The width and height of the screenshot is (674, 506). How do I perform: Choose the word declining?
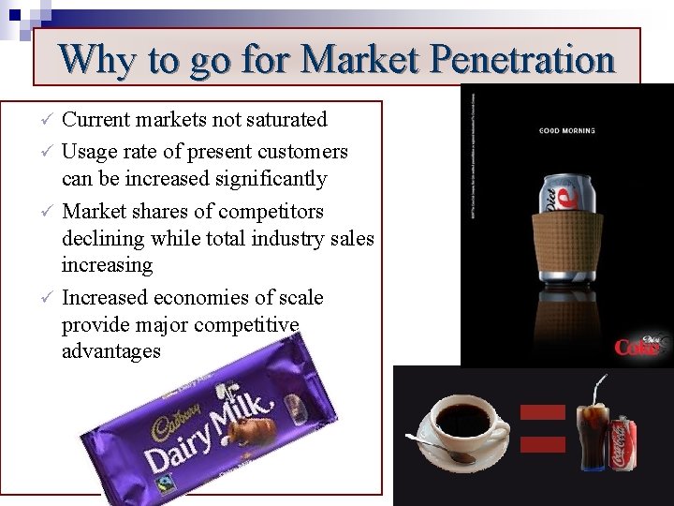[x=102, y=239]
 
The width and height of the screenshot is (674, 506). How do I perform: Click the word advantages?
[x=110, y=351]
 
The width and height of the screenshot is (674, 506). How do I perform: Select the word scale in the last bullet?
[x=300, y=298]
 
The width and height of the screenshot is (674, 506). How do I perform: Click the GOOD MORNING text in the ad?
[x=566, y=130]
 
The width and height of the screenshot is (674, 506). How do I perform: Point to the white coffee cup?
[x=463, y=423]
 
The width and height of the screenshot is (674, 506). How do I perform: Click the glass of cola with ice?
[x=593, y=433]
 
